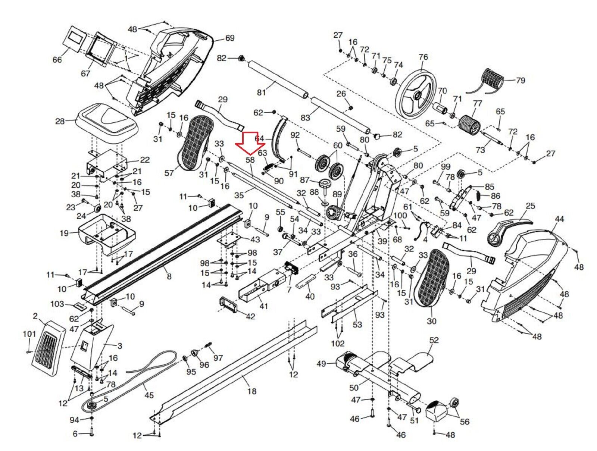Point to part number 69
click(x=229, y=38)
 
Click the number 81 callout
click(x=261, y=92)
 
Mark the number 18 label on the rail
click(x=252, y=391)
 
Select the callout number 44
click(x=559, y=219)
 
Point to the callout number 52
click(x=434, y=340)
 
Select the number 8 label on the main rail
click(x=169, y=276)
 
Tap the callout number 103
click(x=57, y=304)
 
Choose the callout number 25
click(x=530, y=206)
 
